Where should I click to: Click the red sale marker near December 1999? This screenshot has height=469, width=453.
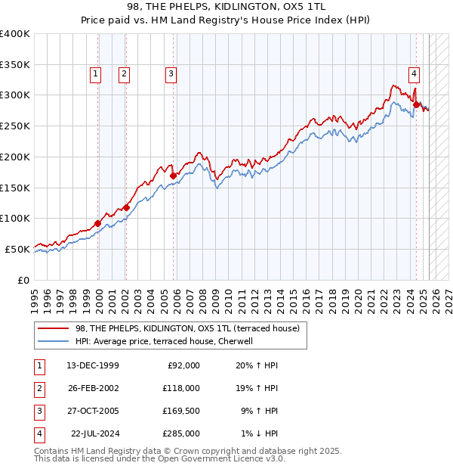click(x=98, y=223)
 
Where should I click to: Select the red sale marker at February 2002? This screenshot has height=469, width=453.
click(x=126, y=207)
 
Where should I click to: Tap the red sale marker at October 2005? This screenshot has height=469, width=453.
click(x=174, y=175)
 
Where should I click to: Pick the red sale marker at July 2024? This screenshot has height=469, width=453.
click(x=416, y=104)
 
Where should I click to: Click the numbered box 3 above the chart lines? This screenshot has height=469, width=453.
click(x=171, y=74)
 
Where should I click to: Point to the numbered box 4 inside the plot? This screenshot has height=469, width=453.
click(x=414, y=74)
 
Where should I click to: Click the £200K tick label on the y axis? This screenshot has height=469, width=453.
click(x=15, y=157)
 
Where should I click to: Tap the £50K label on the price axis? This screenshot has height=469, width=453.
click(x=17, y=249)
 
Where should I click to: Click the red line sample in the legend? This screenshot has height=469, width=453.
click(x=54, y=328)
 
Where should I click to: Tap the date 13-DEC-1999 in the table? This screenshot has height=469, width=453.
click(x=92, y=365)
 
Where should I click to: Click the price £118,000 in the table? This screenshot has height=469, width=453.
click(x=182, y=388)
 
